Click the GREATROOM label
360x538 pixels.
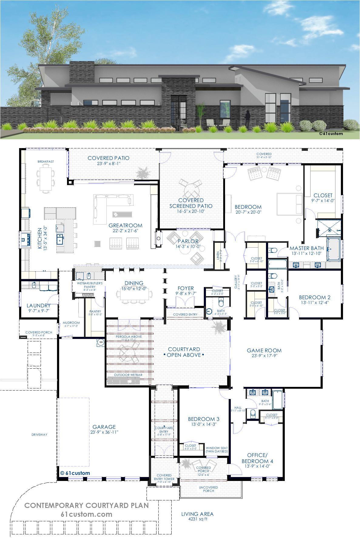[125, 225]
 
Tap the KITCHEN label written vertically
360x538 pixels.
[40, 239]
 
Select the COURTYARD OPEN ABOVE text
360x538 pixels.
[184, 352]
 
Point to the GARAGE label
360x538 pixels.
[104, 427]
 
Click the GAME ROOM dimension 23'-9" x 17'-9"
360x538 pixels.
[264, 356]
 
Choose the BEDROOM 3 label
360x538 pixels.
[204, 419]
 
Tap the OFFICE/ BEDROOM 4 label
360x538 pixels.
[257, 458]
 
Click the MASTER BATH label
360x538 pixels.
[306, 248]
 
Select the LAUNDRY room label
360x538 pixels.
[39, 306]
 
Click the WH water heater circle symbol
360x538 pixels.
[101, 342]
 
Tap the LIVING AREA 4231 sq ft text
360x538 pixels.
[197, 516]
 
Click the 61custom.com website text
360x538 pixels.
[86, 514]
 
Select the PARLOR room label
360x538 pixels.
[188, 241]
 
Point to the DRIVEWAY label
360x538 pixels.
[39, 435]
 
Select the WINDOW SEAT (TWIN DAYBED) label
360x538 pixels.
[217, 449]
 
